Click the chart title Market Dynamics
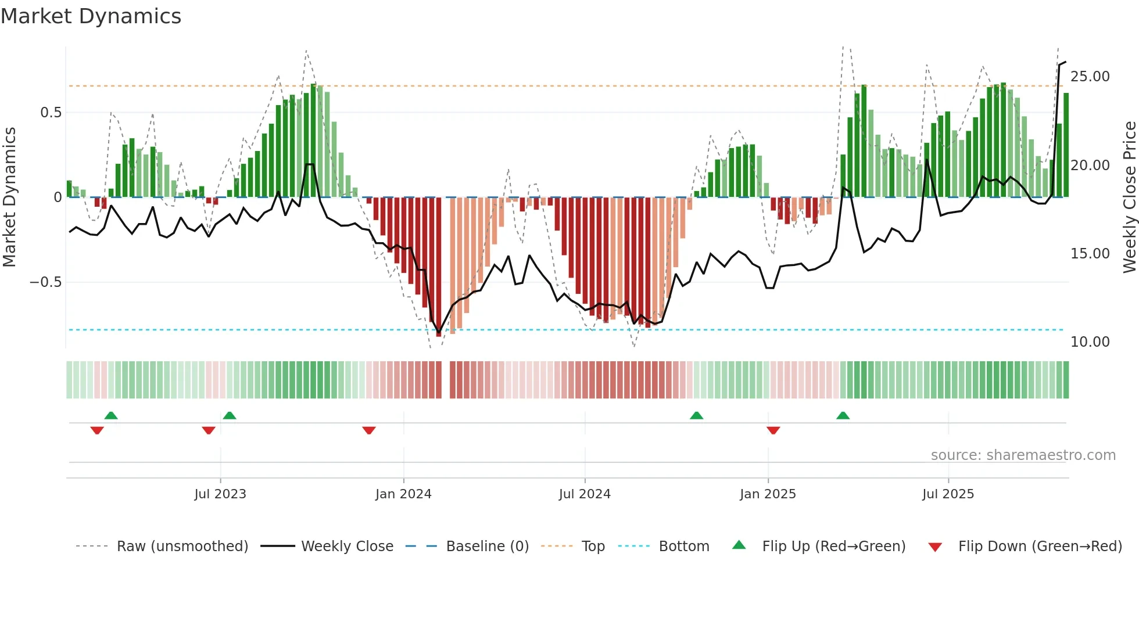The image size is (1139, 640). pyautogui.click(x=91, y=16)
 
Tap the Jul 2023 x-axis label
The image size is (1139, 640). pyautogui.click(x=220, y=494)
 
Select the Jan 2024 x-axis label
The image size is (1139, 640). pyautogui.click(x=403, y=494)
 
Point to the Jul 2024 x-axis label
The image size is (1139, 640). pyautogui.click(x=585, y=494)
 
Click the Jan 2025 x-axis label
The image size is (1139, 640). pyautogui.click(x=768, y=494)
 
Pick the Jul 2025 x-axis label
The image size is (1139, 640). pyautogui.click(x=948, y=494)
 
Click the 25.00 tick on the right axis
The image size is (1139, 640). pyautogui.click(x=1090, y=77)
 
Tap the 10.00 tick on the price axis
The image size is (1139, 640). pyautogui.click(x=1090, y=342)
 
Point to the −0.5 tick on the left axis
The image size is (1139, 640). pyautogui.click(x=45, y=282)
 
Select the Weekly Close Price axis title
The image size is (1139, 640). pyautogui.click(x=1129, y=197)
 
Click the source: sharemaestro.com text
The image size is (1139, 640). pyautogui.click(x=1023, y=455)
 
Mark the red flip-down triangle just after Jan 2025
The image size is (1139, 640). pyautogui.click(x=773, y=430)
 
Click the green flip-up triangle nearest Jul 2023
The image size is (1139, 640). pyautogui.click(x=230, y=415)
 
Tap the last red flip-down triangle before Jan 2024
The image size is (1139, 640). pyautogui.click(x=369, y=430)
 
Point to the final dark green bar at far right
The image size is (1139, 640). pyautogui.click(x=1066, y=145)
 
